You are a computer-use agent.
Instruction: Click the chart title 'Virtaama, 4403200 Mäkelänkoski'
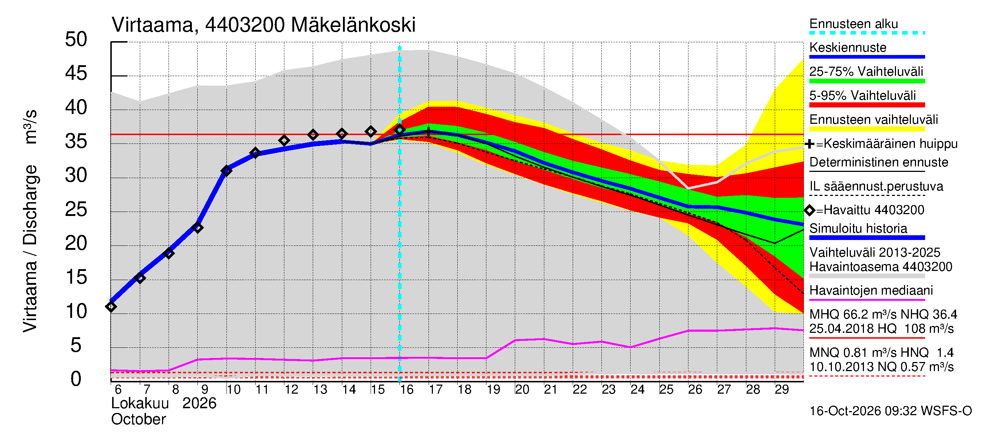(x=263, y=25)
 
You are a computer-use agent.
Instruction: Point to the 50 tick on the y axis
(x=76, y=40)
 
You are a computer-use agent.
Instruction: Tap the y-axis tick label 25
(x=76, y=209)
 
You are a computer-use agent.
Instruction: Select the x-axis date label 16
(x=407, y=389)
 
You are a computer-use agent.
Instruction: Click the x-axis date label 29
(x=782, y=389)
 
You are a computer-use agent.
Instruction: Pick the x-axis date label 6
(x=118, y=389)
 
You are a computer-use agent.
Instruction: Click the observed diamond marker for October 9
(x=198, y=228)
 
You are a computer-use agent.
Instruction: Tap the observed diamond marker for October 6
(x=111, y=307)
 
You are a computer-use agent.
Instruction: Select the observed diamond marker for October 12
(x=284, y=141)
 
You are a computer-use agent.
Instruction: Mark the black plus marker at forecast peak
(x=429, y=133)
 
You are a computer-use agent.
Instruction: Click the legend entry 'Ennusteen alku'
(x=854, y=24)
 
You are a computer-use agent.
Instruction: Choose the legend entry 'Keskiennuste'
(x=848, y=48)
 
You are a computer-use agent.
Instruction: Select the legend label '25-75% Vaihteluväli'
(x=866, y=72)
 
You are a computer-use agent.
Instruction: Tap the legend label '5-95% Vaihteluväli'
(x=862, y=95)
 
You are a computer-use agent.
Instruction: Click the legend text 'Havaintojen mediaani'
(x=871, y=291)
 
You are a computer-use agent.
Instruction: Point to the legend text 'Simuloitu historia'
(x=858, y=228)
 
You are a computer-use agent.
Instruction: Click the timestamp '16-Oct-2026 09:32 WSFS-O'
(x=891, y=411)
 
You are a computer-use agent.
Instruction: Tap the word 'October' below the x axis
(x=138, y=420)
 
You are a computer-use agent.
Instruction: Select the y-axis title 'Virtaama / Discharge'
(x=31, y=248)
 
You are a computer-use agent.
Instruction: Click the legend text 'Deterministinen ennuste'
(x=879, y=162)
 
